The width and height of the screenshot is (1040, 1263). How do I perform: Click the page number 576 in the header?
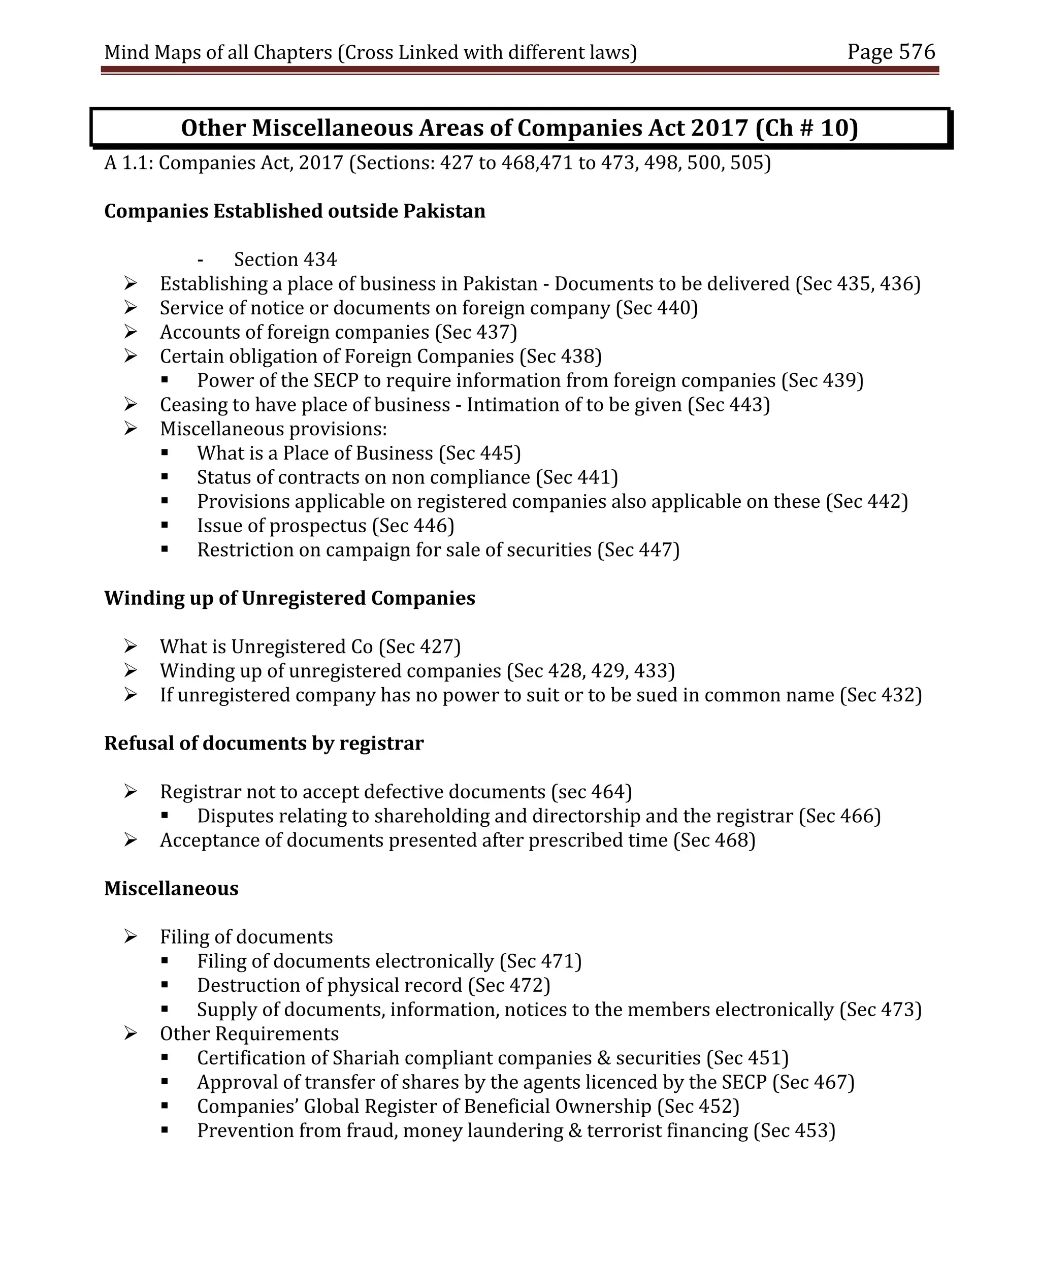coord(917,52)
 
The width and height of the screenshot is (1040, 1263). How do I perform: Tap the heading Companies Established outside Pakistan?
coord(294,211)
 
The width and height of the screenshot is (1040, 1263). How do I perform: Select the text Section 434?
coord(285,260)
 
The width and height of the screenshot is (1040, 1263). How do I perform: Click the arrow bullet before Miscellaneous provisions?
coord(131,429)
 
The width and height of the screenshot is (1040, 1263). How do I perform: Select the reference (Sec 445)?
coord(479,453)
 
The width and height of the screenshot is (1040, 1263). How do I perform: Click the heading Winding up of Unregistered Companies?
coord(289,598)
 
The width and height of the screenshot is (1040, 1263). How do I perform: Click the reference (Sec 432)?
coord(881,695)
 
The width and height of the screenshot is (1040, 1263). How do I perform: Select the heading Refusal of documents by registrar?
coord(264,743)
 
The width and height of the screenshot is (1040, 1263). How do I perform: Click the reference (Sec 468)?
coord(714,840)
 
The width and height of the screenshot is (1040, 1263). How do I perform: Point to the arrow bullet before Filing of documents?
coord(131,937)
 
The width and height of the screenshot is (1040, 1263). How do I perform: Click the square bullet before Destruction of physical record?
coord(165,985)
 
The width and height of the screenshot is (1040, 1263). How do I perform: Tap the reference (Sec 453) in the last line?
coord(794,1130)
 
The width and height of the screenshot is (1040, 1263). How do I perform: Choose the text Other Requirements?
coord(249,1033)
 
